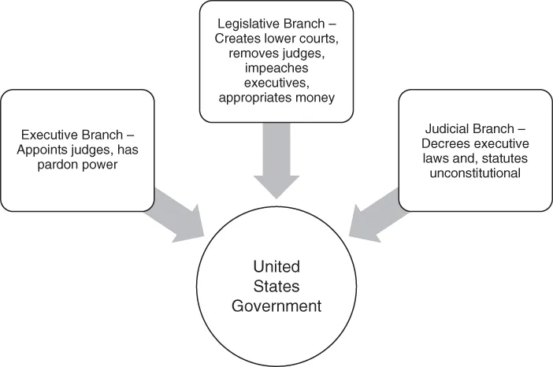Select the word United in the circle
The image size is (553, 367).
(276, 266)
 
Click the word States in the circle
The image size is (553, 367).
(276, 285)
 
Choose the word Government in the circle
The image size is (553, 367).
(276, 304)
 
